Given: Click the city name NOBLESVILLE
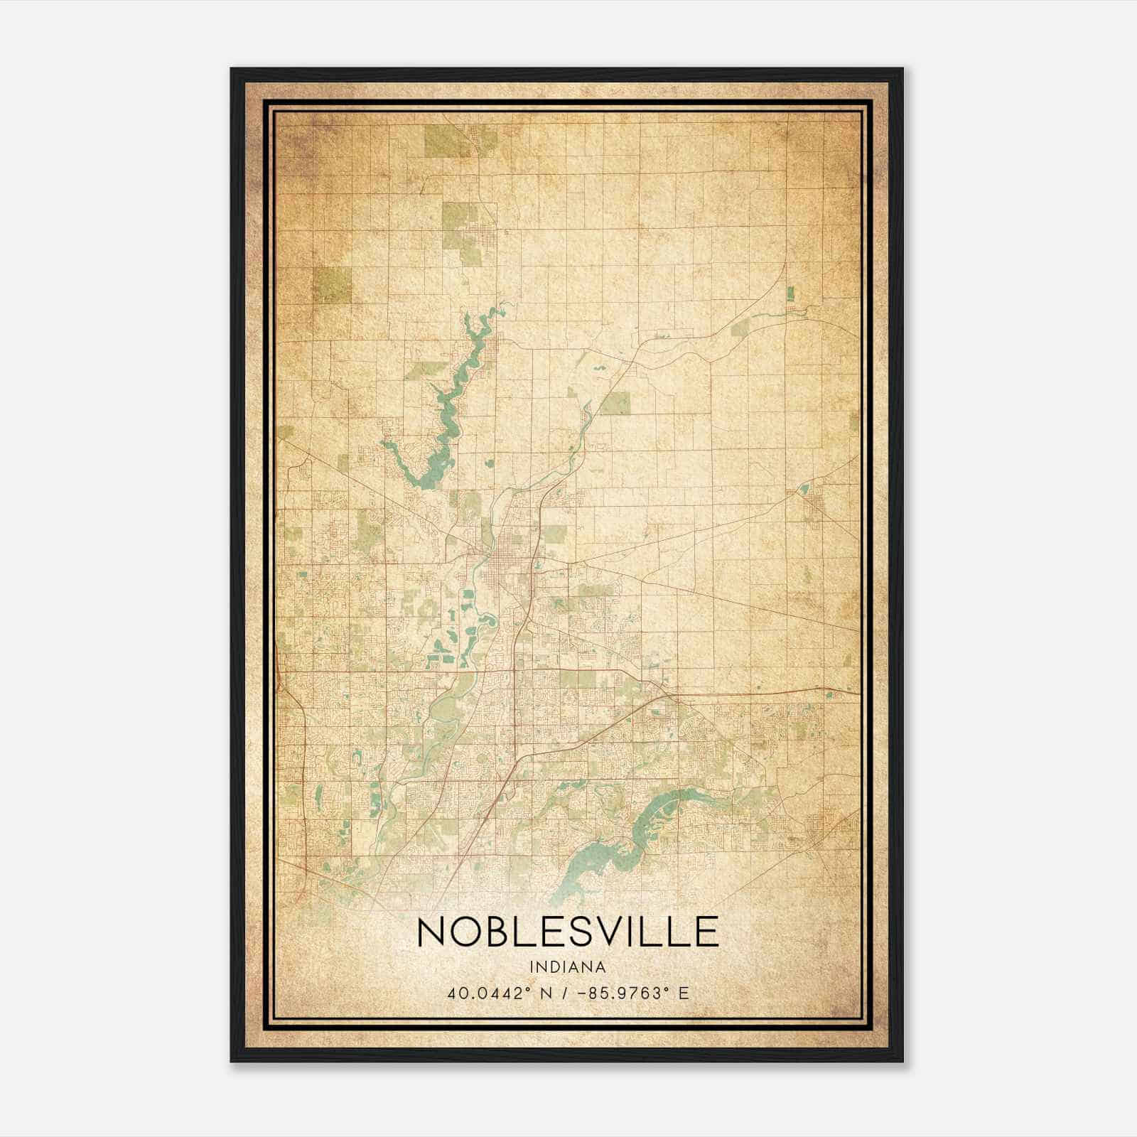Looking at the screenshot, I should click(x=567, y=932).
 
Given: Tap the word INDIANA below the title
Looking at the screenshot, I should click(x=567, y=967).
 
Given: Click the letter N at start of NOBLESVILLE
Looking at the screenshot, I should click(x=431, y=932).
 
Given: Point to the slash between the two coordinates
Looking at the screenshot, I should click(x=564, y=993).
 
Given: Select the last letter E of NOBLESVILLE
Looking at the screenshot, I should click(x=706, y=932).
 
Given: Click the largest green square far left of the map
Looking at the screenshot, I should click(x=332, y=284).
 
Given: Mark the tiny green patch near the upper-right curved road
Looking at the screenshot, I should click(x=790, y=291).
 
